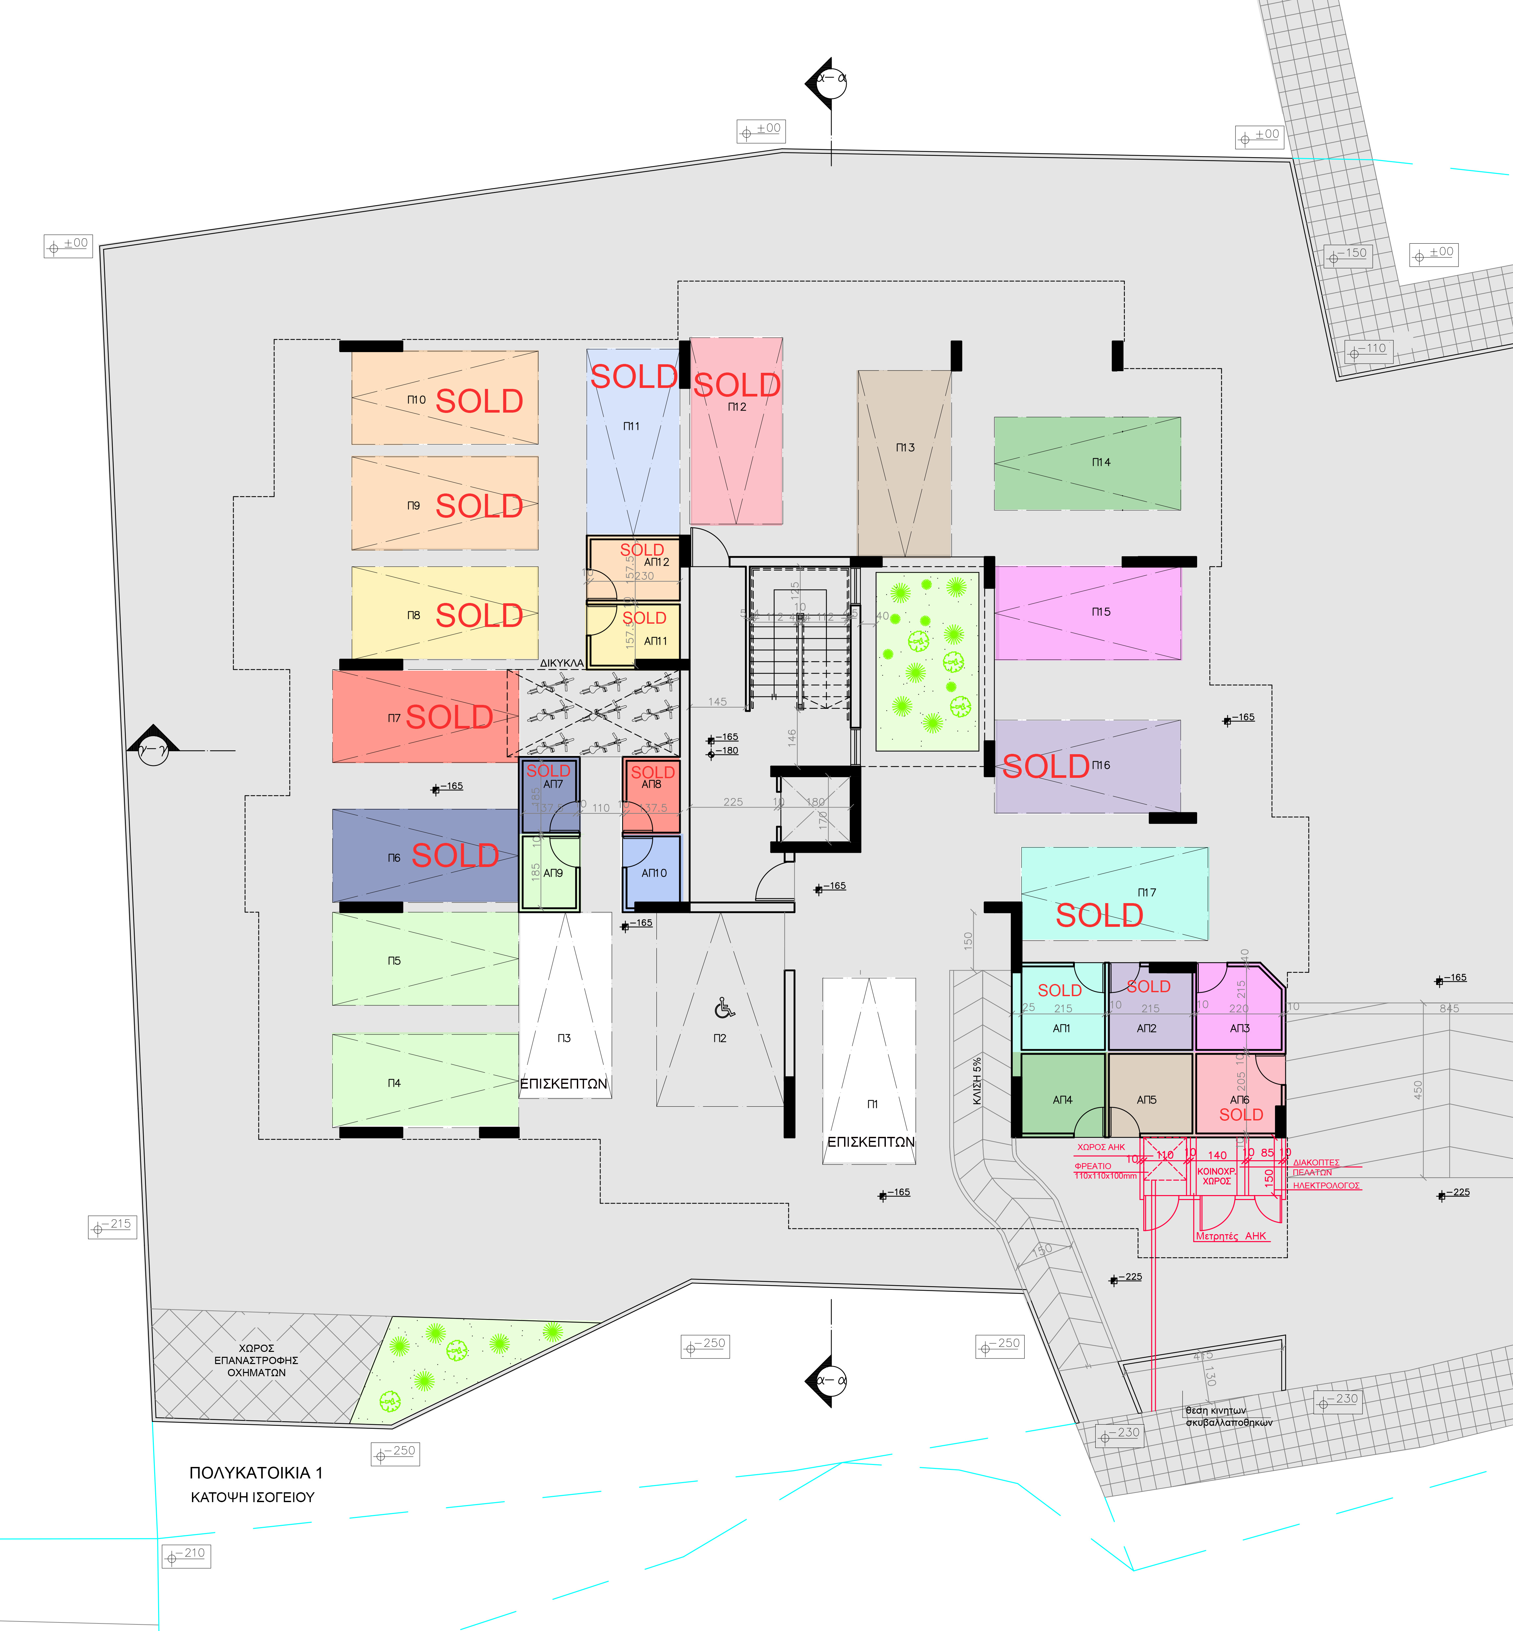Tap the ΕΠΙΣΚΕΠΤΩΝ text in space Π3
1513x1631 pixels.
tap(564, 1083)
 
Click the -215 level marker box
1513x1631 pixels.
tap(112, 1227)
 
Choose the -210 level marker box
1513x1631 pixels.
tap(186, 1556)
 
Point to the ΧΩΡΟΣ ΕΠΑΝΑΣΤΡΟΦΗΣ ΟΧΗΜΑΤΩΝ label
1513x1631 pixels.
tap(256, 1360)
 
